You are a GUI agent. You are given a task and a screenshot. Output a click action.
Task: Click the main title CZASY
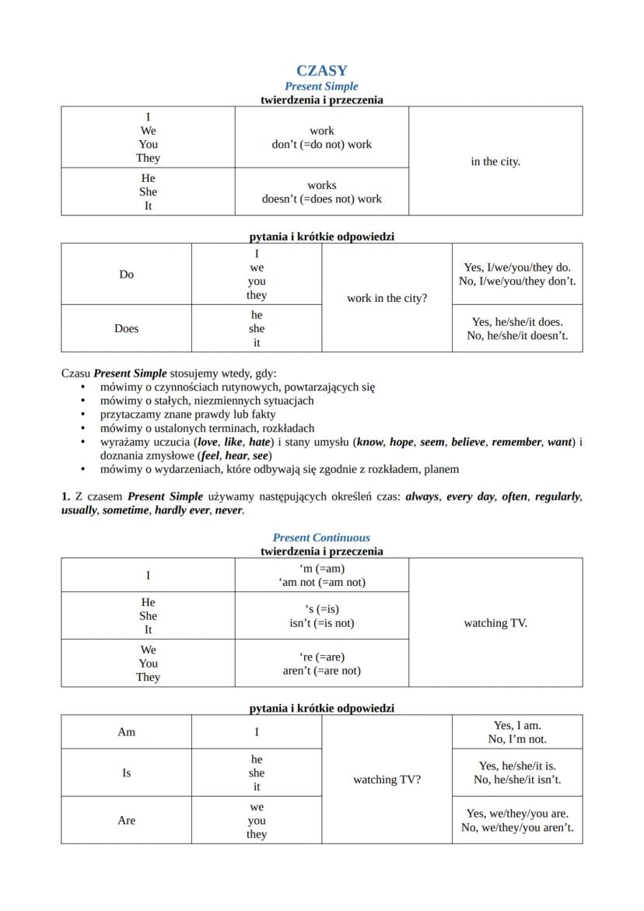321,71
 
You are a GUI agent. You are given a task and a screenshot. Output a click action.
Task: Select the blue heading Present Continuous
321,538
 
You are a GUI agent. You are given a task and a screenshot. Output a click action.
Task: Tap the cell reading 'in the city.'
495,162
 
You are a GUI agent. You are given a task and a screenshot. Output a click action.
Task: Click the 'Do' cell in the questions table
127,275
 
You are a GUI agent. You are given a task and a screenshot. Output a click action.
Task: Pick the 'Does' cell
127,328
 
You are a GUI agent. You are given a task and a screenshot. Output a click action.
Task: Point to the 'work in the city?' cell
387,299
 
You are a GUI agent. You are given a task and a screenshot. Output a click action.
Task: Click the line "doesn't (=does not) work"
321,199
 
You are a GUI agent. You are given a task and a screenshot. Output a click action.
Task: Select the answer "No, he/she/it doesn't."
517,336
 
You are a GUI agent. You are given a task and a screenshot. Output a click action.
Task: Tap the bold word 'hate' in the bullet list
260,442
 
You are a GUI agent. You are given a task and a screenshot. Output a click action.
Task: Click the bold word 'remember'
516,442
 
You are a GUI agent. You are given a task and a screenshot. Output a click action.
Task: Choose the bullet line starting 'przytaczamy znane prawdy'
187,415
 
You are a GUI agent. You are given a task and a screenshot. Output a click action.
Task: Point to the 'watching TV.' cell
495,623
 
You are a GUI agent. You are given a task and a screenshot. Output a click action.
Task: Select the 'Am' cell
127,732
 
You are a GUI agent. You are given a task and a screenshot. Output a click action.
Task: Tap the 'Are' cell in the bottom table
127,821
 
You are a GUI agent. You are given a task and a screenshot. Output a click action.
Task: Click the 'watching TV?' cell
387,780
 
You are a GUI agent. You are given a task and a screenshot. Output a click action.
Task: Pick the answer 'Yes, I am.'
517,726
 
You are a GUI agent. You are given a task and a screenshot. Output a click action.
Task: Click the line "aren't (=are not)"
321,671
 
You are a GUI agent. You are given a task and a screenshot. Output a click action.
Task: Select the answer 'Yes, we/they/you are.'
517,814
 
